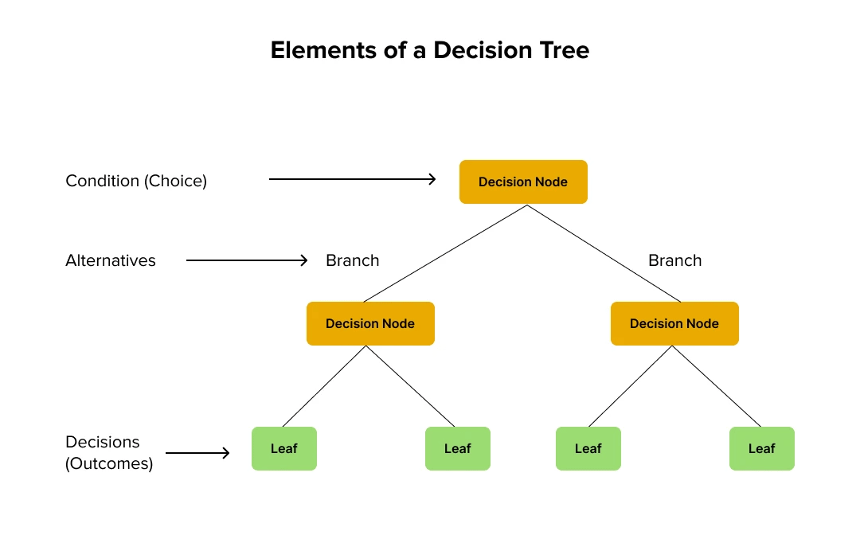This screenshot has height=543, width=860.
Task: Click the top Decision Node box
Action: [523, 182]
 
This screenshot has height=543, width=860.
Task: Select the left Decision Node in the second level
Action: [370, 323]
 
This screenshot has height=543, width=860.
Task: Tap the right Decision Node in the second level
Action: [674, 323]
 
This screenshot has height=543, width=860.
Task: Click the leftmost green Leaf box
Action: [284, 448]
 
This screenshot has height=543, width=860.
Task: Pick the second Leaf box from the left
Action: [458, 448]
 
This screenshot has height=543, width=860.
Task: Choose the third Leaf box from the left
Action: [588, 448]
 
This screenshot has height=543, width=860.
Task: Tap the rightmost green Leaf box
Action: [762, 448]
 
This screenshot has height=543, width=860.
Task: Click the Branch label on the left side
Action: [353, 260]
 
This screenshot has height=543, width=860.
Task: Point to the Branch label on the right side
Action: [675, 260]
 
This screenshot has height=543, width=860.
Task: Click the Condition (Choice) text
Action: [136, 181]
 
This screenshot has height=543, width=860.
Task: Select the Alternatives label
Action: [111, 260]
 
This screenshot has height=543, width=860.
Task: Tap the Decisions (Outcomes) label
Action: [109, 452]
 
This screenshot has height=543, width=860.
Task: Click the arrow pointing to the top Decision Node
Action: [353, 179]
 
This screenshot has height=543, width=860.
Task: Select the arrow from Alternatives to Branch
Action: [247, 260]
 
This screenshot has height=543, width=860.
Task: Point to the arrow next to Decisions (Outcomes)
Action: [197, 453]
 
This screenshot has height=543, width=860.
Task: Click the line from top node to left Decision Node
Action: [446, 253]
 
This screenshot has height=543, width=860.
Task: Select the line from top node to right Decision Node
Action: [603, 253]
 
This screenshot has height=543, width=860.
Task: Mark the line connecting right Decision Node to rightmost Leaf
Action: [717, 386]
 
